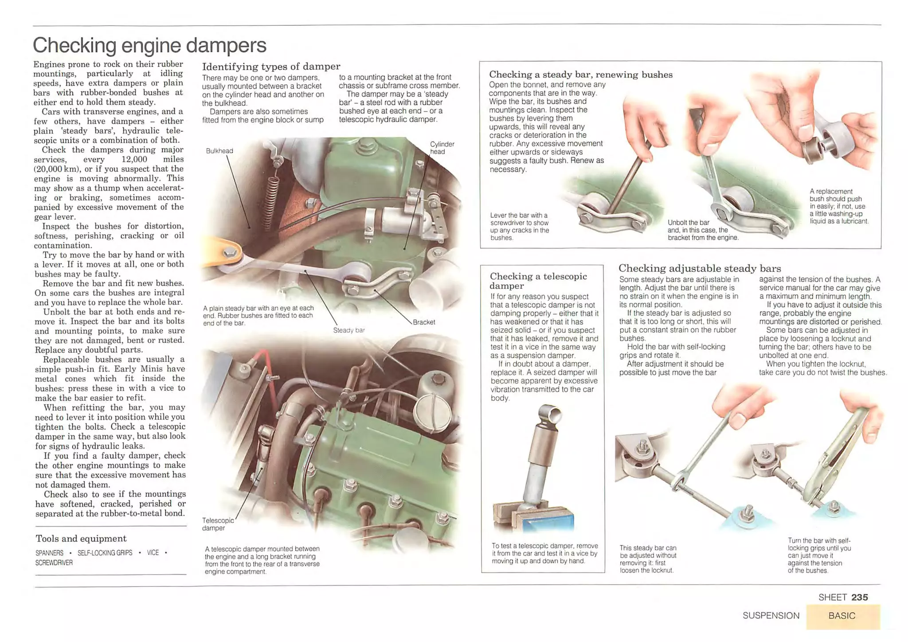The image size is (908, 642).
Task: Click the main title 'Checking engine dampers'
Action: point(149,45)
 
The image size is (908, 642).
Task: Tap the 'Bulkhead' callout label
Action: point(219,151)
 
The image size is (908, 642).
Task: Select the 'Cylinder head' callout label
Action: point(442,148)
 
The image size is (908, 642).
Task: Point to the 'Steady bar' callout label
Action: point(348,330)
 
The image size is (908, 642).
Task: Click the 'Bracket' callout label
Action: point(423,322)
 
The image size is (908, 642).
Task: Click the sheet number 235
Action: point(859,597)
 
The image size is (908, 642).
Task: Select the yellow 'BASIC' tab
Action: point(842,616)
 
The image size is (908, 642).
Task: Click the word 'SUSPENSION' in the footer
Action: point(771,616)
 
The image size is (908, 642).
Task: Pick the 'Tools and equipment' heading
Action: point(81,539)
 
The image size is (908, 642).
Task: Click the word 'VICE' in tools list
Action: point(153,553)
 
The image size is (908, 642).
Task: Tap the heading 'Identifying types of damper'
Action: point(271,67)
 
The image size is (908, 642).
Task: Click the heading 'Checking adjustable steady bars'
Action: point(699,268)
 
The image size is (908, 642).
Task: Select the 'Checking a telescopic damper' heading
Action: point(538,281)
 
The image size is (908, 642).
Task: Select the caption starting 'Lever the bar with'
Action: point(519,226)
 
